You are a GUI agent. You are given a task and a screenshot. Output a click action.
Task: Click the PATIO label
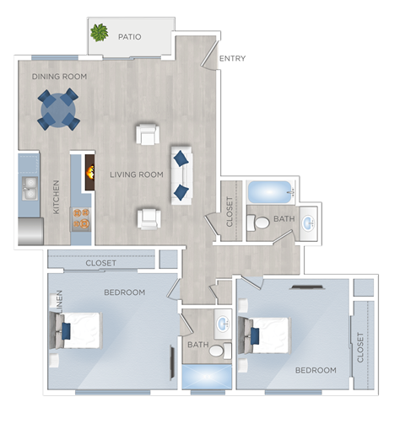tap(129, 37)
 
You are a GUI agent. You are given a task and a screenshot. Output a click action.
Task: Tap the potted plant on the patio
tap(100, 33)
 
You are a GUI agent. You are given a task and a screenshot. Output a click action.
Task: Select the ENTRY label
tap(232, 58)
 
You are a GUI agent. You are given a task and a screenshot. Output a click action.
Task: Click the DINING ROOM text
tap(59, 77)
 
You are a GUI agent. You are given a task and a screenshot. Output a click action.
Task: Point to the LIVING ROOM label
tap(136, 175)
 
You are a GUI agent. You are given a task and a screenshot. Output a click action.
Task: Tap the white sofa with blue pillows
tap(181, 175)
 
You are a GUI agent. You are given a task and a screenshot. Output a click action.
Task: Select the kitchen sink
tap(29, 186)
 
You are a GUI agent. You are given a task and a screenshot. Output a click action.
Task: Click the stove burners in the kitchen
tap(81, 218)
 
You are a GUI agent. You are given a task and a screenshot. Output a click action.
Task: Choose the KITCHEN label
tap(57, 196)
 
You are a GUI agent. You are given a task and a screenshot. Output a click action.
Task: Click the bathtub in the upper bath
tap(269, 191)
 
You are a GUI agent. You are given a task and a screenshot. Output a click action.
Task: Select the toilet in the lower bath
tap(218, 350)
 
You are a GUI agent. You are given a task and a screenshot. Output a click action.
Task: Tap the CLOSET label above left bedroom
tap(102, 264)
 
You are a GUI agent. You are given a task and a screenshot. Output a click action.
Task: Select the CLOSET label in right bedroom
tap(361, 347)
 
